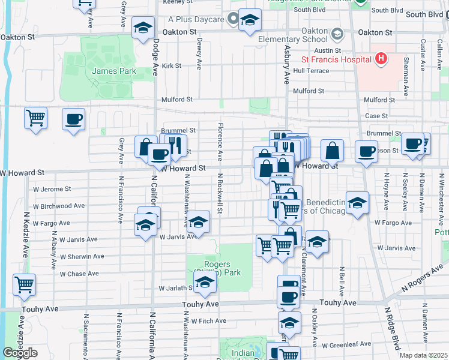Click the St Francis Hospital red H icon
click(x=380, y=59)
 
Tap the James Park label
click(x=114, y=71)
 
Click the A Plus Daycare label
click(x=196, y=19)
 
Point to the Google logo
click(x=20, y=353)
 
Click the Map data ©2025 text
click(x=424, y=355)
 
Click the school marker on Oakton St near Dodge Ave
click(x=143, y=28)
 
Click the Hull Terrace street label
click(x=311, y=71)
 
